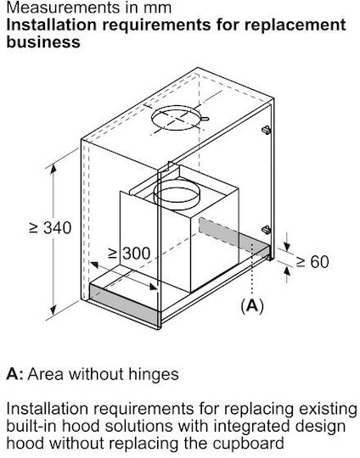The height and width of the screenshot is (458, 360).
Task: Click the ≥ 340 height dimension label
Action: pos(50,227)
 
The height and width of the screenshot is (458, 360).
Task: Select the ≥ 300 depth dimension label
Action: pos(129,254)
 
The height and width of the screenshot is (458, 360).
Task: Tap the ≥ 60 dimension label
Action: pos(312,261)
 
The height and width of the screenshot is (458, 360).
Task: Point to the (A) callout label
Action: pos(252,306)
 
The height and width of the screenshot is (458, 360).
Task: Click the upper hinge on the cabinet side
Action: pos(266,130)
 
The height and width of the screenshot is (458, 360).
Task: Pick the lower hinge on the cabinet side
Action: pos(266,230)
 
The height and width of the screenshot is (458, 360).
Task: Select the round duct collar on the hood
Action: pos(177,195)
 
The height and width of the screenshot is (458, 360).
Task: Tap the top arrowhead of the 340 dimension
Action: pos(53,170)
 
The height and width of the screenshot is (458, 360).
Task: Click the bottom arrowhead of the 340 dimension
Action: pos(53,310)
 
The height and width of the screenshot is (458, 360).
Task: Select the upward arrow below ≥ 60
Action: pos(287,275)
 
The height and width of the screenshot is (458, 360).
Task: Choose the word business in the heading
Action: pos(43,42)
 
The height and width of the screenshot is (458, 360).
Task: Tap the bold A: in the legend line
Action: pos(14,374)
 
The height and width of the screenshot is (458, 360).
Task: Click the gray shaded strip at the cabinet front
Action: pos(124,305)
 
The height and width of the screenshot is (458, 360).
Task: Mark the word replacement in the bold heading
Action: pos(295,25)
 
